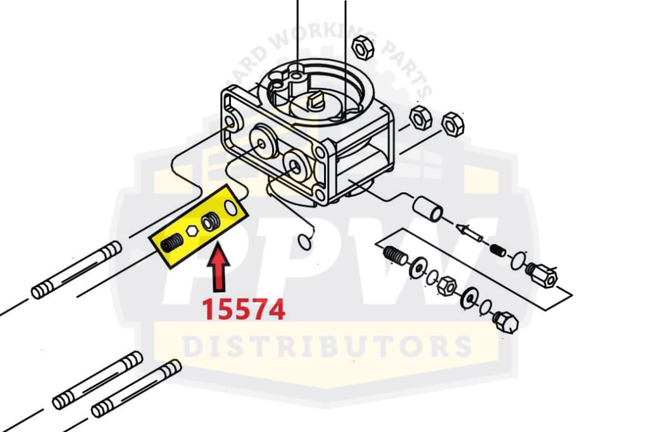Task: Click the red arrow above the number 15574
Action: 218,268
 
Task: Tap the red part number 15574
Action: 244,310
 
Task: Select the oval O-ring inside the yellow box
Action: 230,207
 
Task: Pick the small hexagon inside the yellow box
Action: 192,231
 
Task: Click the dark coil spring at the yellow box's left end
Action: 171,242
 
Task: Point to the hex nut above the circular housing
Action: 363,47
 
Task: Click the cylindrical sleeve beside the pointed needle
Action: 428,209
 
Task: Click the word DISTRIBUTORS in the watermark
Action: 327,346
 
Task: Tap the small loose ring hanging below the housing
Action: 306,242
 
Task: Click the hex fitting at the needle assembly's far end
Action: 542,275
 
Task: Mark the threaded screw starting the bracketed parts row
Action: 396,256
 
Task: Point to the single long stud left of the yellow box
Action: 77,270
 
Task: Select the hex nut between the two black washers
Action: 446,286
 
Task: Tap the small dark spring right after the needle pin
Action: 497,250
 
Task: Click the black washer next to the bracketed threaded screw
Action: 418,268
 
